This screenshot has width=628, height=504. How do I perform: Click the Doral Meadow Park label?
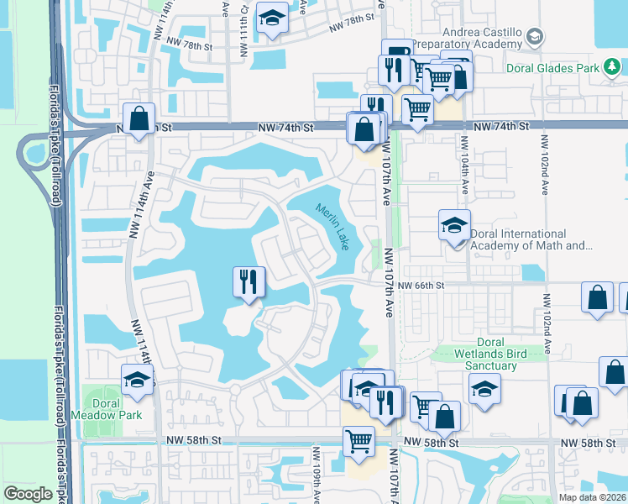[x=112, y=408]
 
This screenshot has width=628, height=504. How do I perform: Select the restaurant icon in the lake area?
[x=249, y=281]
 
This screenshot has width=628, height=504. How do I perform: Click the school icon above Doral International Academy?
[x=454, y=226]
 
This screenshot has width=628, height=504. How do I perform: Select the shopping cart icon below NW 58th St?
[x=358, y=441]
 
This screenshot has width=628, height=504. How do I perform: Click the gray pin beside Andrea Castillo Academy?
[x=535, y=37]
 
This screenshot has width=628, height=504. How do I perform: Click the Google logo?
[x=28, y=494]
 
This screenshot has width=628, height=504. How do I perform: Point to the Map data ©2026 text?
[x=591, y=497]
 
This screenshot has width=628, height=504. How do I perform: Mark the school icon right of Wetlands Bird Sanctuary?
[x=484, y=389]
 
